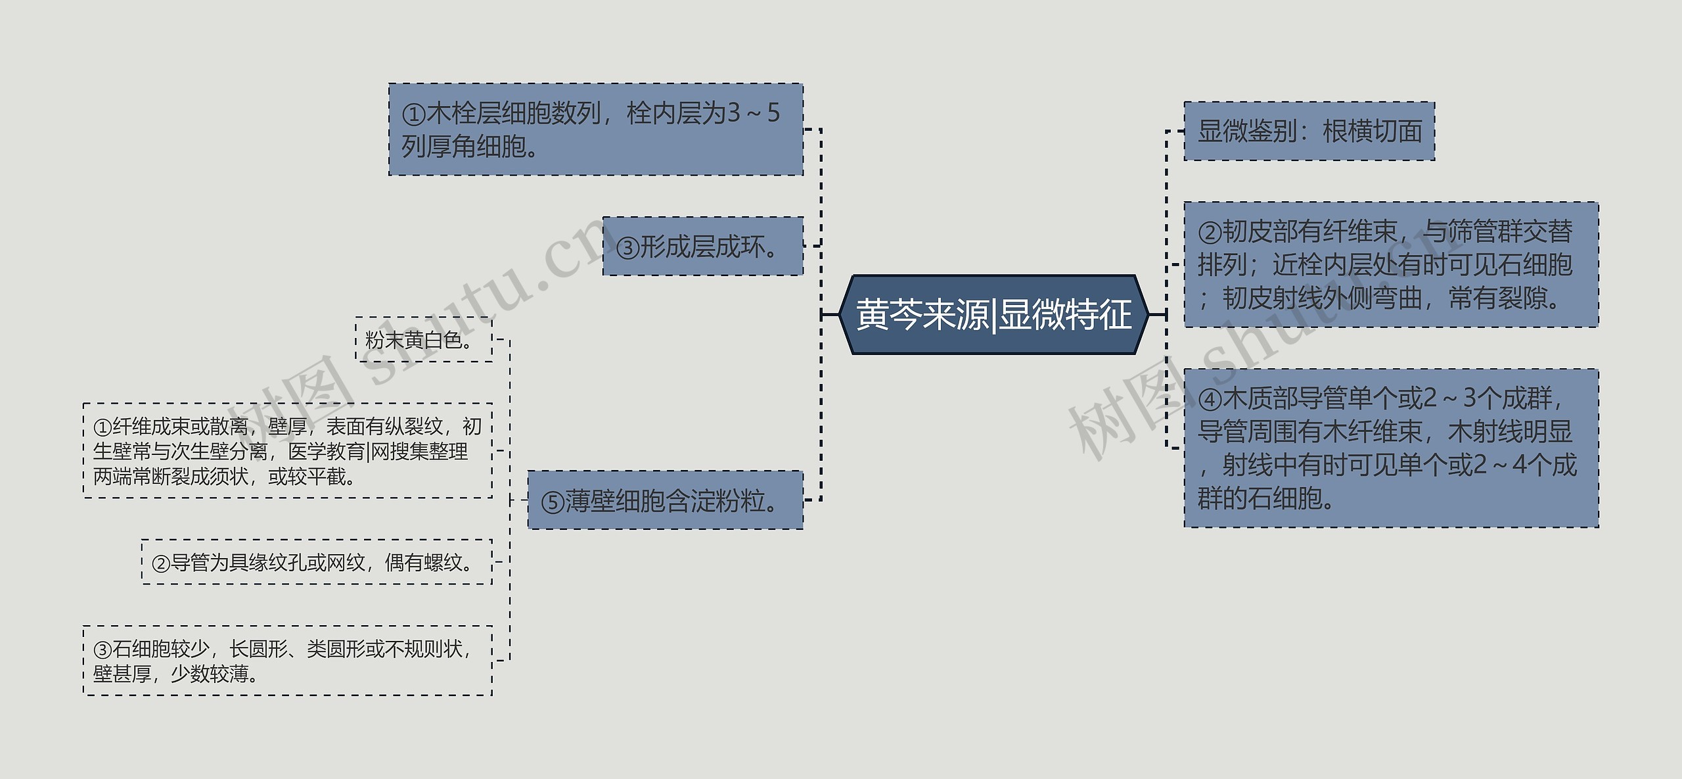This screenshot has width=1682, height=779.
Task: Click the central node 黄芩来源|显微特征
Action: pos(993,315)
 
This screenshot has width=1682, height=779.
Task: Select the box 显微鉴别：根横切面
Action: pos(1309,131)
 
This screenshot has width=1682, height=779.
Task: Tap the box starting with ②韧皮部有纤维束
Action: pos(1391,264)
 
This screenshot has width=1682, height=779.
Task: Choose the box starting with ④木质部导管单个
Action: pos(1391,448)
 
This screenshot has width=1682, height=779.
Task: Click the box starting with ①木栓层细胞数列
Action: pos(595,130)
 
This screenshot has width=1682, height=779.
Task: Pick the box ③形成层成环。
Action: pos(702,247)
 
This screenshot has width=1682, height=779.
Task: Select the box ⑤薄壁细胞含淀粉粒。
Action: pos(665,500)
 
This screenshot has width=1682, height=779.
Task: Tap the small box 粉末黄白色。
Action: pos(423,340)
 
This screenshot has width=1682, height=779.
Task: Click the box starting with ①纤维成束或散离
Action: pos(287,451)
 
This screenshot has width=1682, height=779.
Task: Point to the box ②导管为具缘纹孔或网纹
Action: pos(316,562)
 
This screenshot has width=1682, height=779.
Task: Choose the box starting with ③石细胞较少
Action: pos(287,661)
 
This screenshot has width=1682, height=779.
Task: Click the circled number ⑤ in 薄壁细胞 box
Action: pos(553,503)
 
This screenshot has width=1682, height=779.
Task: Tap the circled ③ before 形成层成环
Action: pos(627,248)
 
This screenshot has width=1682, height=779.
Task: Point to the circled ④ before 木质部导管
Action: pos(1210,400)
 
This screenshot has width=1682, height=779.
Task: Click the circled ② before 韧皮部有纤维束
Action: pos(1210,233)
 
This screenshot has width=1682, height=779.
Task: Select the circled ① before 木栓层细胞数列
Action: pos(414,115)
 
